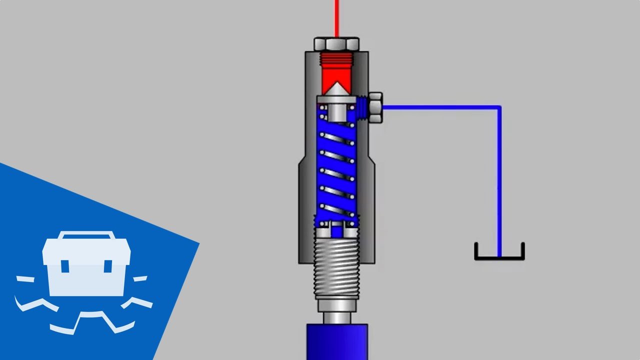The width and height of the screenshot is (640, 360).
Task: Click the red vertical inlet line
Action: pyautogui.click(x=336, y=17)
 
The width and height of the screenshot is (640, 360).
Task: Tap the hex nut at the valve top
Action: pyautogui.click(x=336, y=44)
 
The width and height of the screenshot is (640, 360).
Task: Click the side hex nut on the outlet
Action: pyautogui.click(x=374, y=107)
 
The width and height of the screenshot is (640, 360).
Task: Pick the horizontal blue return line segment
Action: pyautogui.click(x=440, y=106)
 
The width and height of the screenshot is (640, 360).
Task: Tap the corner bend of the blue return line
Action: pyautogui.click(x=499, y=107)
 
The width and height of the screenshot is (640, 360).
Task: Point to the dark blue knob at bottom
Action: pyautogui.click(x=336, y=342)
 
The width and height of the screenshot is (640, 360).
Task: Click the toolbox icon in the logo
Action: pyautogui.click(x=86, y=265)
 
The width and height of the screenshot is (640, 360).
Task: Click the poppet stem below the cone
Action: pyautogui.click(x=336, y=112)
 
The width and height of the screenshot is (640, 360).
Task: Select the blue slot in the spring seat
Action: pyautogui.click(x=336, y=231)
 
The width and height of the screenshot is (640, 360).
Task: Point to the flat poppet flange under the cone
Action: pyautogui.click(x=336, y=99)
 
